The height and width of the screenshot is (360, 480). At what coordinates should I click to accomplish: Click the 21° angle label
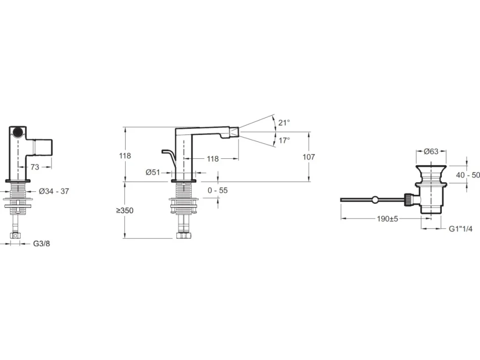click(284, 123)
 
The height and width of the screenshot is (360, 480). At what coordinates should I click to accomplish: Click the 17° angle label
click(284, 140)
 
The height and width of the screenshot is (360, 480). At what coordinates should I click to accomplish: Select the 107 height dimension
click(309, 157)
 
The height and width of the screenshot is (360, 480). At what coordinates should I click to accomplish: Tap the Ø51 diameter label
click(153, 172)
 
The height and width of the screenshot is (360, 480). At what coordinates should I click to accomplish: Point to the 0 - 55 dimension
click(218, 190)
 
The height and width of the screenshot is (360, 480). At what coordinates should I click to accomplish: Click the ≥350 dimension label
click(125, 211)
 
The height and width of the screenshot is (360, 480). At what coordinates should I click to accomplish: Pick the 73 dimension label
click(35, 167)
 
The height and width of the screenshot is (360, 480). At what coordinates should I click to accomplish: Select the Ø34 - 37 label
click(54, 191)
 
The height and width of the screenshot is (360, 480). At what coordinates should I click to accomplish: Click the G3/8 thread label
click(42, 243)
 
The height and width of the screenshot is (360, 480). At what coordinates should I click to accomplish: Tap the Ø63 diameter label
click(431, 151)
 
